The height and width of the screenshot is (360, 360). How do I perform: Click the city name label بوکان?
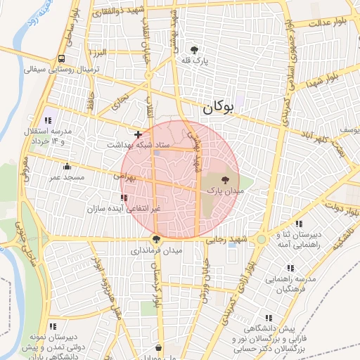[x=217, y=108]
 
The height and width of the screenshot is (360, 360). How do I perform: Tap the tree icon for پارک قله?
[x=194, y=50]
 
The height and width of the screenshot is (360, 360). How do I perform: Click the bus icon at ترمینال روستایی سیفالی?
[x=62, y=59]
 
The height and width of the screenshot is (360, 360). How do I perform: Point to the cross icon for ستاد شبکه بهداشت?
[x=138, y=134]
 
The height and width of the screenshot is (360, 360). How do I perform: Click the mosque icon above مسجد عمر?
[x=67, y=167]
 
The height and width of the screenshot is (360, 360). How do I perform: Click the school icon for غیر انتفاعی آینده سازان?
[x=124, y=198]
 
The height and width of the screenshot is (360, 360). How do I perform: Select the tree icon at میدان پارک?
[x=225, y=181]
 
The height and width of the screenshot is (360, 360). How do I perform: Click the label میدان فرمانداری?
[x=156, y=250]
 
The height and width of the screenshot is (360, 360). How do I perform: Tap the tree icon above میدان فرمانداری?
[x=156, y=240]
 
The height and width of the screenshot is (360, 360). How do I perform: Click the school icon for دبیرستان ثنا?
[x=298, y=224]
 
